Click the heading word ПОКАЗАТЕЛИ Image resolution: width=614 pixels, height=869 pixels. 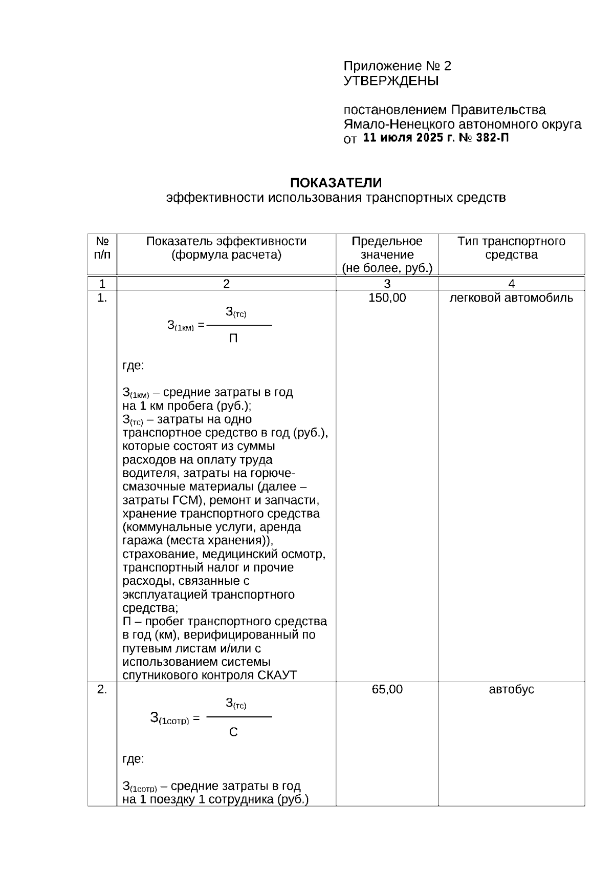point(336,183)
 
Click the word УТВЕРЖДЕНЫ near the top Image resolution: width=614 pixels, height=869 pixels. point(391,81)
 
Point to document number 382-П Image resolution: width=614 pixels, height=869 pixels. point(492,138)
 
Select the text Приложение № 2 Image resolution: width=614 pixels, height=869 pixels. point(397,66)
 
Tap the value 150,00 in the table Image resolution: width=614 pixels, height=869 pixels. point(387,298)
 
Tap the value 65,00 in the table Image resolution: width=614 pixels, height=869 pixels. point(387,689)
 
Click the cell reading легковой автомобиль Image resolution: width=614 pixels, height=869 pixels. point(511,298)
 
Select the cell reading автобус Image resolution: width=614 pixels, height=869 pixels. point(511,689)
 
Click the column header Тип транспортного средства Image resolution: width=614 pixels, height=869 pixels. point(511,248)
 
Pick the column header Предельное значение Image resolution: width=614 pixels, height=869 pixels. point(387,248)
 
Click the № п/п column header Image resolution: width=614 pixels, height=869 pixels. point(102,248)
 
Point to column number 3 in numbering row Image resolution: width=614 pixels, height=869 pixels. point(387,284)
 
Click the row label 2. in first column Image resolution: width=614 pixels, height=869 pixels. point(102,689)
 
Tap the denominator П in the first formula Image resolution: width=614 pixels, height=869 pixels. point(233,338)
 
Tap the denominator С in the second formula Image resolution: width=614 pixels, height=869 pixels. point(233,732)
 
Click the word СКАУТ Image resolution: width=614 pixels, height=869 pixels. point(277,675)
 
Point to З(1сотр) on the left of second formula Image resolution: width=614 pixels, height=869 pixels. point(169,718)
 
